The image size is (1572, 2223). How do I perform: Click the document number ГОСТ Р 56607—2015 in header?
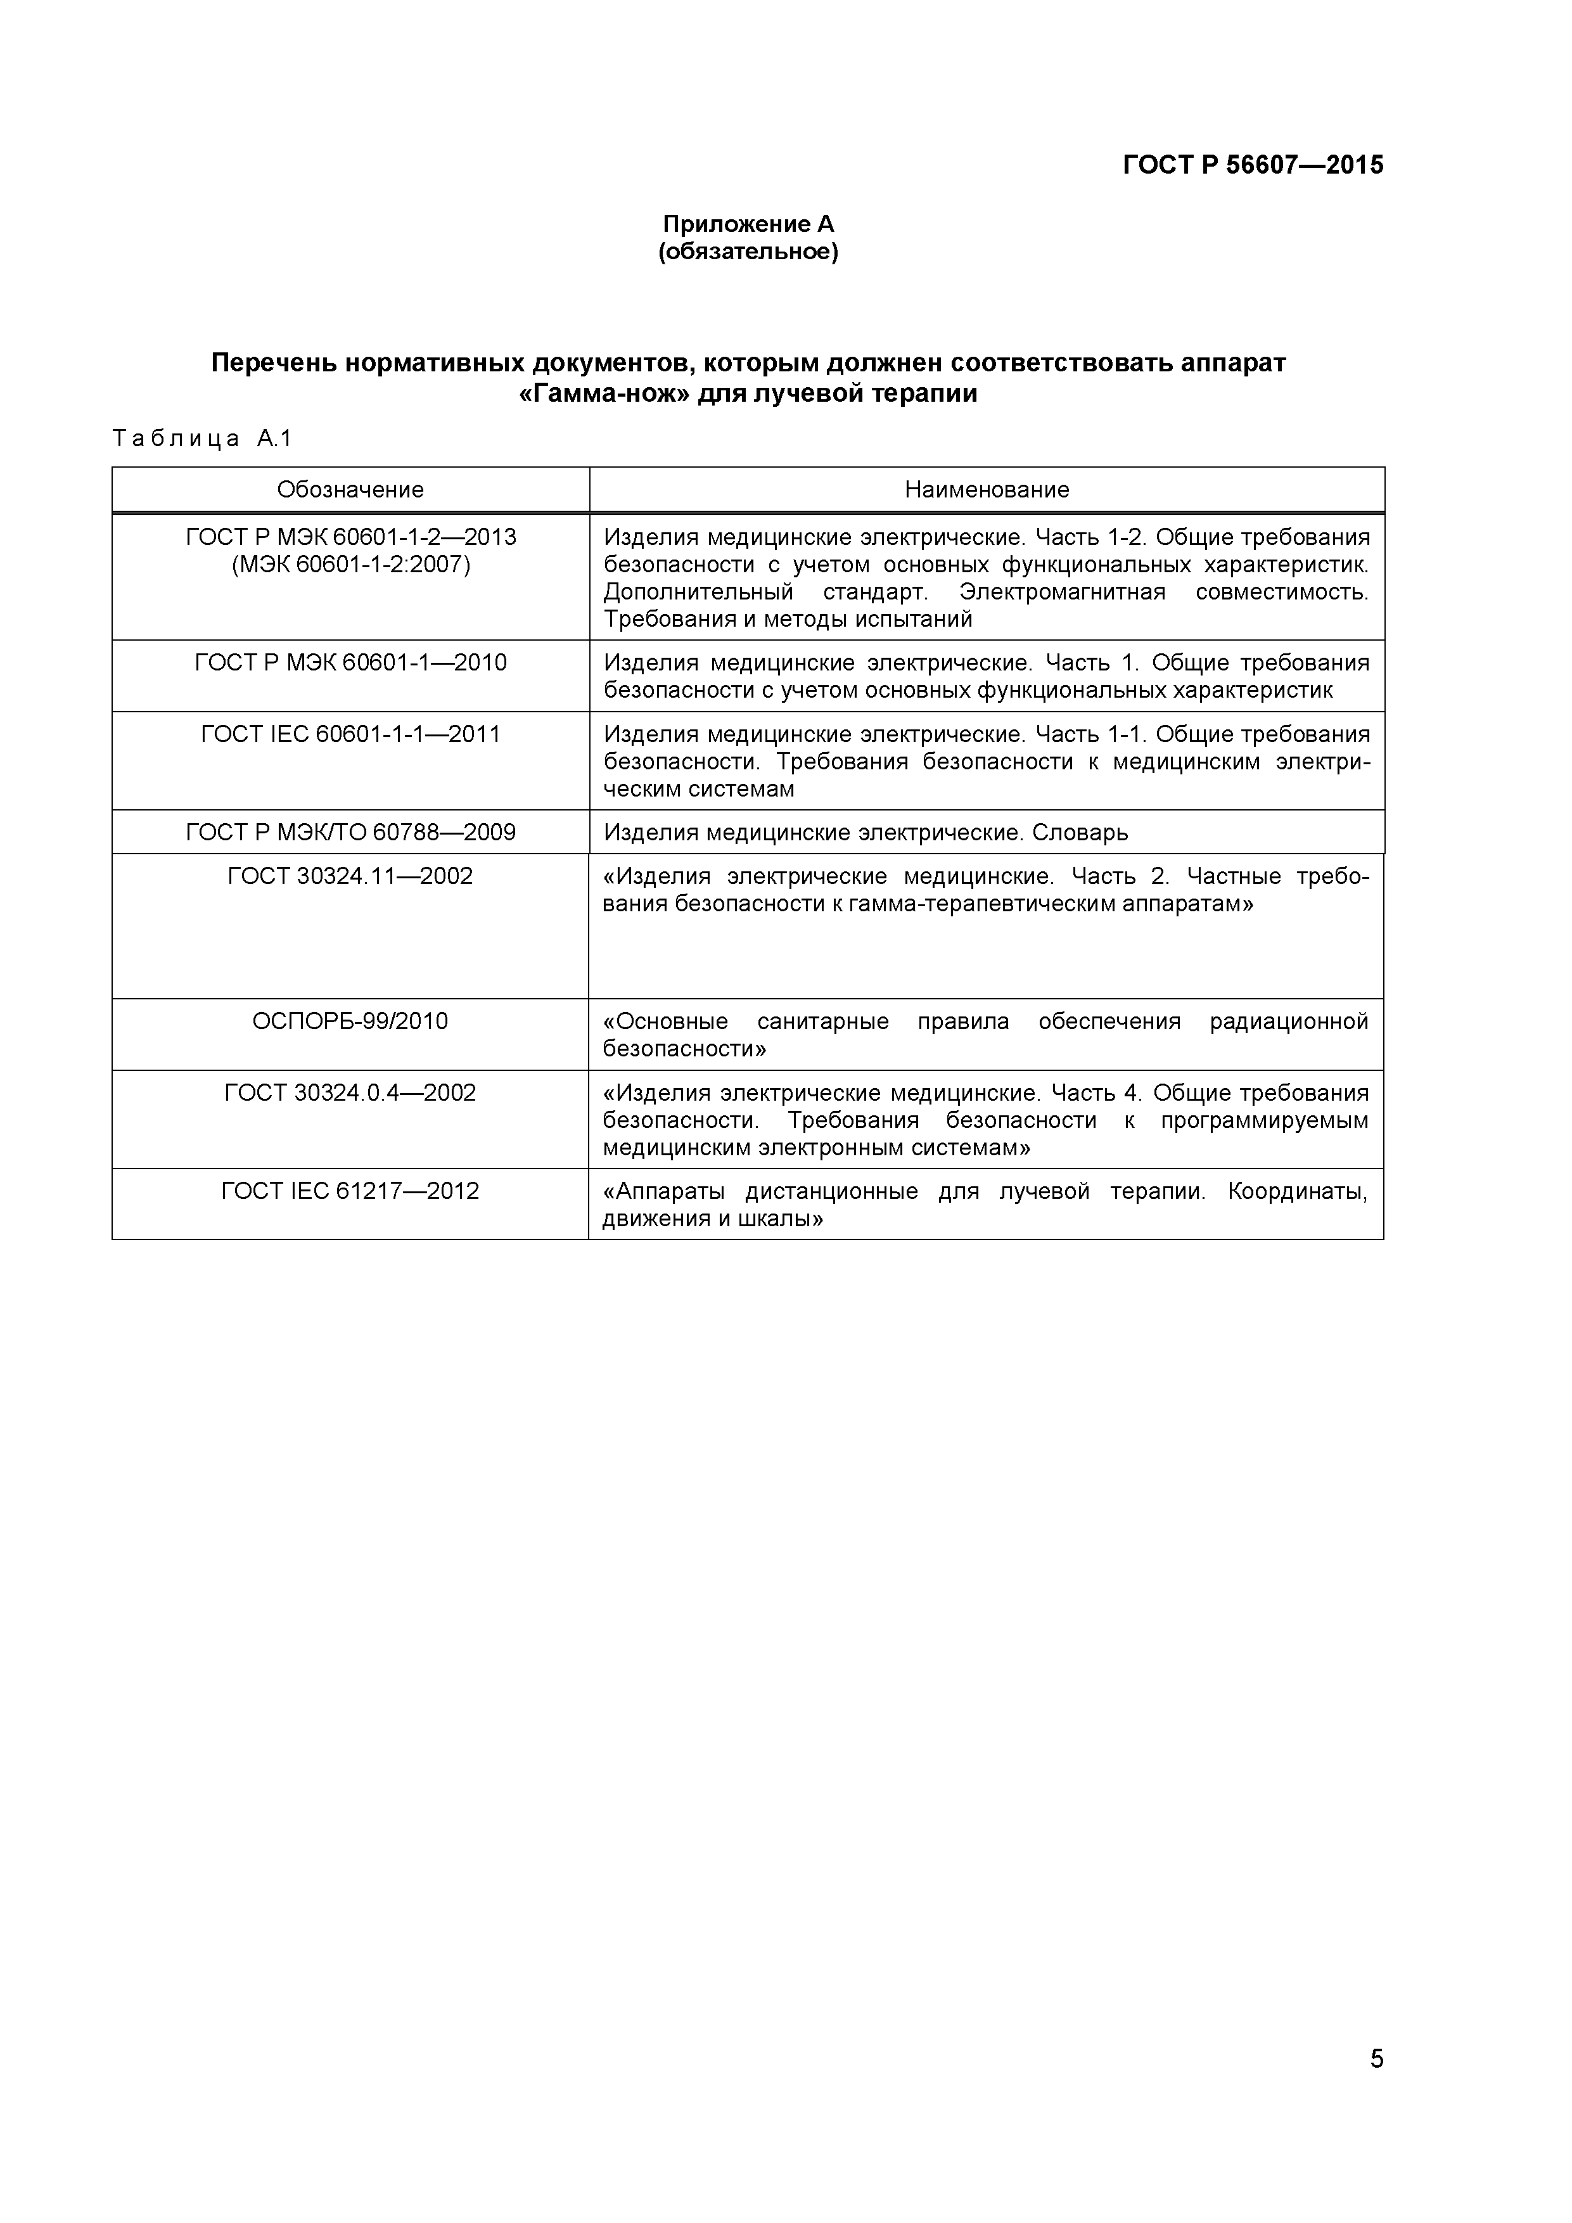[1253, 165]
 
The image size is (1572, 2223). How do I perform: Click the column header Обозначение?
[350, 490]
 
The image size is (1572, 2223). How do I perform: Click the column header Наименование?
[987, 490]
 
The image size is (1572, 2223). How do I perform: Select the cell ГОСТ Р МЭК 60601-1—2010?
[350, 663]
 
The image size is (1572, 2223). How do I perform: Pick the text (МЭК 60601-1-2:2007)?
[350, 565]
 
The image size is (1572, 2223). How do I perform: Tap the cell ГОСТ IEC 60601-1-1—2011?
[350, 735]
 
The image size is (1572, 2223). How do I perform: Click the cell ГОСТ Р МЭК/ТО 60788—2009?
[350, 833]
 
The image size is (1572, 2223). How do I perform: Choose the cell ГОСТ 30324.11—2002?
[350, 877]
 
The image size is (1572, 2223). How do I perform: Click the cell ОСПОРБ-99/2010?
[350, 1022]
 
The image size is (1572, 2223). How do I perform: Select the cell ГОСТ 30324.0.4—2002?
[350, 1093]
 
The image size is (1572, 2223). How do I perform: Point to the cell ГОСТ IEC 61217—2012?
[350, 1191]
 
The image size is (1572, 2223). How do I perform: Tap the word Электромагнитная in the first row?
[1062, 593]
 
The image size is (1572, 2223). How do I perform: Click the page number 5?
[1376, 2085]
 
